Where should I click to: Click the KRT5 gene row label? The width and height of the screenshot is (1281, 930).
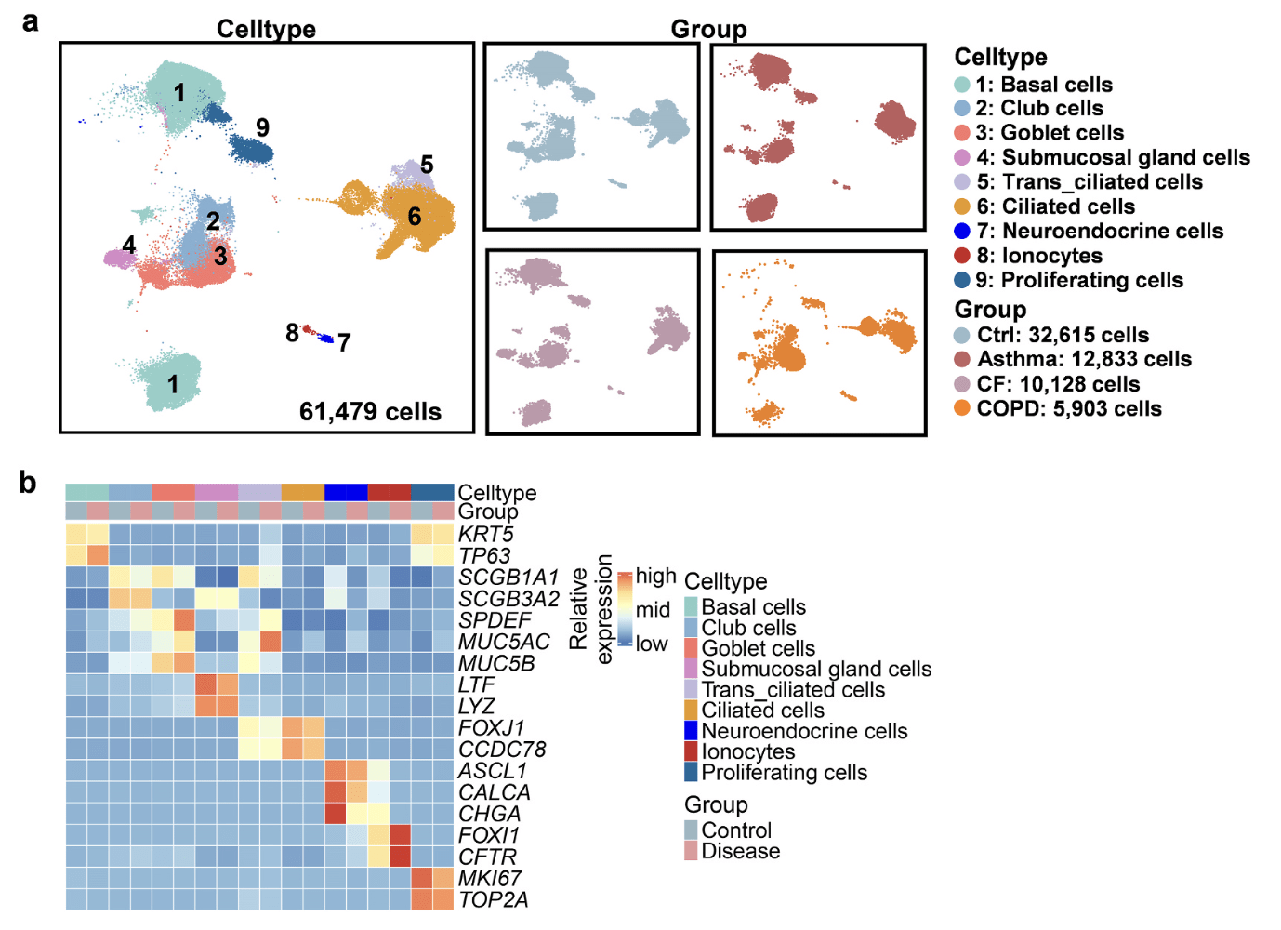pyautogui.click(x=486, y=535)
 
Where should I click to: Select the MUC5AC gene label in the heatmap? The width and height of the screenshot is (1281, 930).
pyautogui.click(x=505, y=643)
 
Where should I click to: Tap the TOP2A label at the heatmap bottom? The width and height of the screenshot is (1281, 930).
pyautogui.click(x=493, y=900)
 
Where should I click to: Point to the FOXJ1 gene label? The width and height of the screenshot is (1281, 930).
pyautogui.click(x=491, y=728)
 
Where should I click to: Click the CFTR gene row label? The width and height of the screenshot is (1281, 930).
pyautogui.click(x=487, y=857)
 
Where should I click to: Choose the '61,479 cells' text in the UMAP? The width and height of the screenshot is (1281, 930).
pyautogui.click(x=370, y=412)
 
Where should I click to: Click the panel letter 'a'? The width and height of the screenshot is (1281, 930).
pyautogui.click(x=31, y=23)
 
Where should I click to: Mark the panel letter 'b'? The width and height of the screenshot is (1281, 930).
pyautogui.click(x=28, y=483)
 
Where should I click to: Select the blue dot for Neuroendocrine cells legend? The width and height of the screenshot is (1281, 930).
pyautogui.click(x=962, y=231)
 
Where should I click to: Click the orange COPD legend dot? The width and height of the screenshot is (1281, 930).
pyautogui.click(x=962, y=408)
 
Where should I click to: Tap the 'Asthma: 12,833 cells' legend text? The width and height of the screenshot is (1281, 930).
pyautogui.click(x=1084, y=359)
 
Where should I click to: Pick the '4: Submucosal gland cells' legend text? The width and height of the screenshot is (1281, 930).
pyautogui.click(x=1113, y=157)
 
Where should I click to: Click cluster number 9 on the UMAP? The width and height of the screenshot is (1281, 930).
pyautogui.click(x=262, y=127)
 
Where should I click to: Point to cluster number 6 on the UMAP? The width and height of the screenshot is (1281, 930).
pyautogui.click(x=415, y=216)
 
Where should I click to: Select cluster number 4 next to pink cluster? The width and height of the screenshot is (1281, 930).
pyautogui.click(x=129, y=246)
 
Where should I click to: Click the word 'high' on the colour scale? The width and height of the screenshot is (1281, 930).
pyautogui.click(x=656, y=576)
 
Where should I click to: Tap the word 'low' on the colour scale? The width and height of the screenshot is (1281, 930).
pyautogui.click(x=652, y=644)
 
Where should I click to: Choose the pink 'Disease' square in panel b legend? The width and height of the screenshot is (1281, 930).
pyautogui.click(x=691, y=851)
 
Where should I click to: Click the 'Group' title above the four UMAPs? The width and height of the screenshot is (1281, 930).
pyautogui.click(x=708, y=29)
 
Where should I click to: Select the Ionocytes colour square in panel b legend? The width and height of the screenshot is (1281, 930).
pyautogui.click(x=691, y=751)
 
